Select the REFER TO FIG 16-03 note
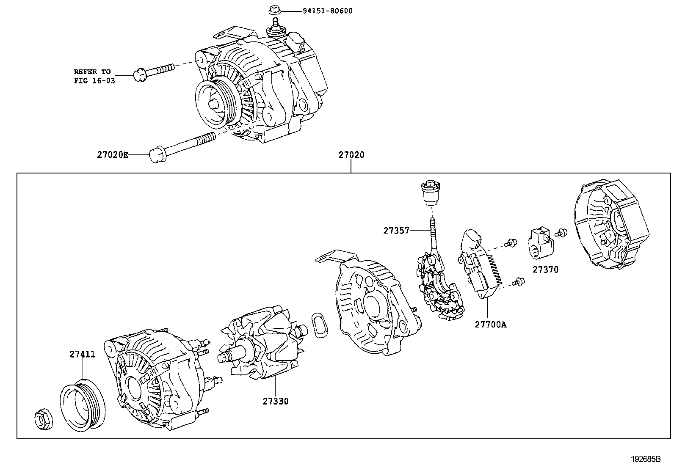[x=94, y=76]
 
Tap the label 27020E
[x=113, y=155]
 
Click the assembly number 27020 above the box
[x=351, y=155]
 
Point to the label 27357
[x=396, y=231]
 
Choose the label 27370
[x=545, y=270]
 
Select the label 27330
[x=275, y=401]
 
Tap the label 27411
[x=83, y=354]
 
